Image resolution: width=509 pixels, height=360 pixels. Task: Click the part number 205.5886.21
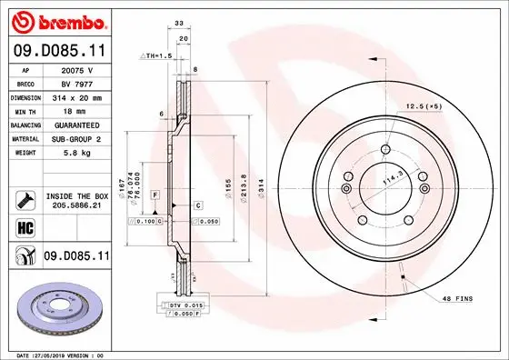[x=75, y=206]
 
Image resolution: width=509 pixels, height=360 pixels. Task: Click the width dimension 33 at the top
[x=179, y=25]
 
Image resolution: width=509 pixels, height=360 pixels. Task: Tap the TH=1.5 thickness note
[x=155, y=55]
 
